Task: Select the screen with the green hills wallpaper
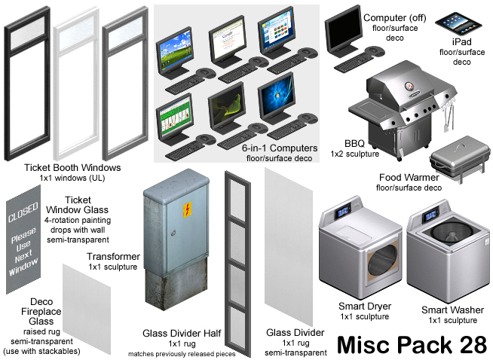(x=175, y=50)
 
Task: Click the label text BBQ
(x=354, y=142)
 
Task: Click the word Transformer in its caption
(x=113, y=255)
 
